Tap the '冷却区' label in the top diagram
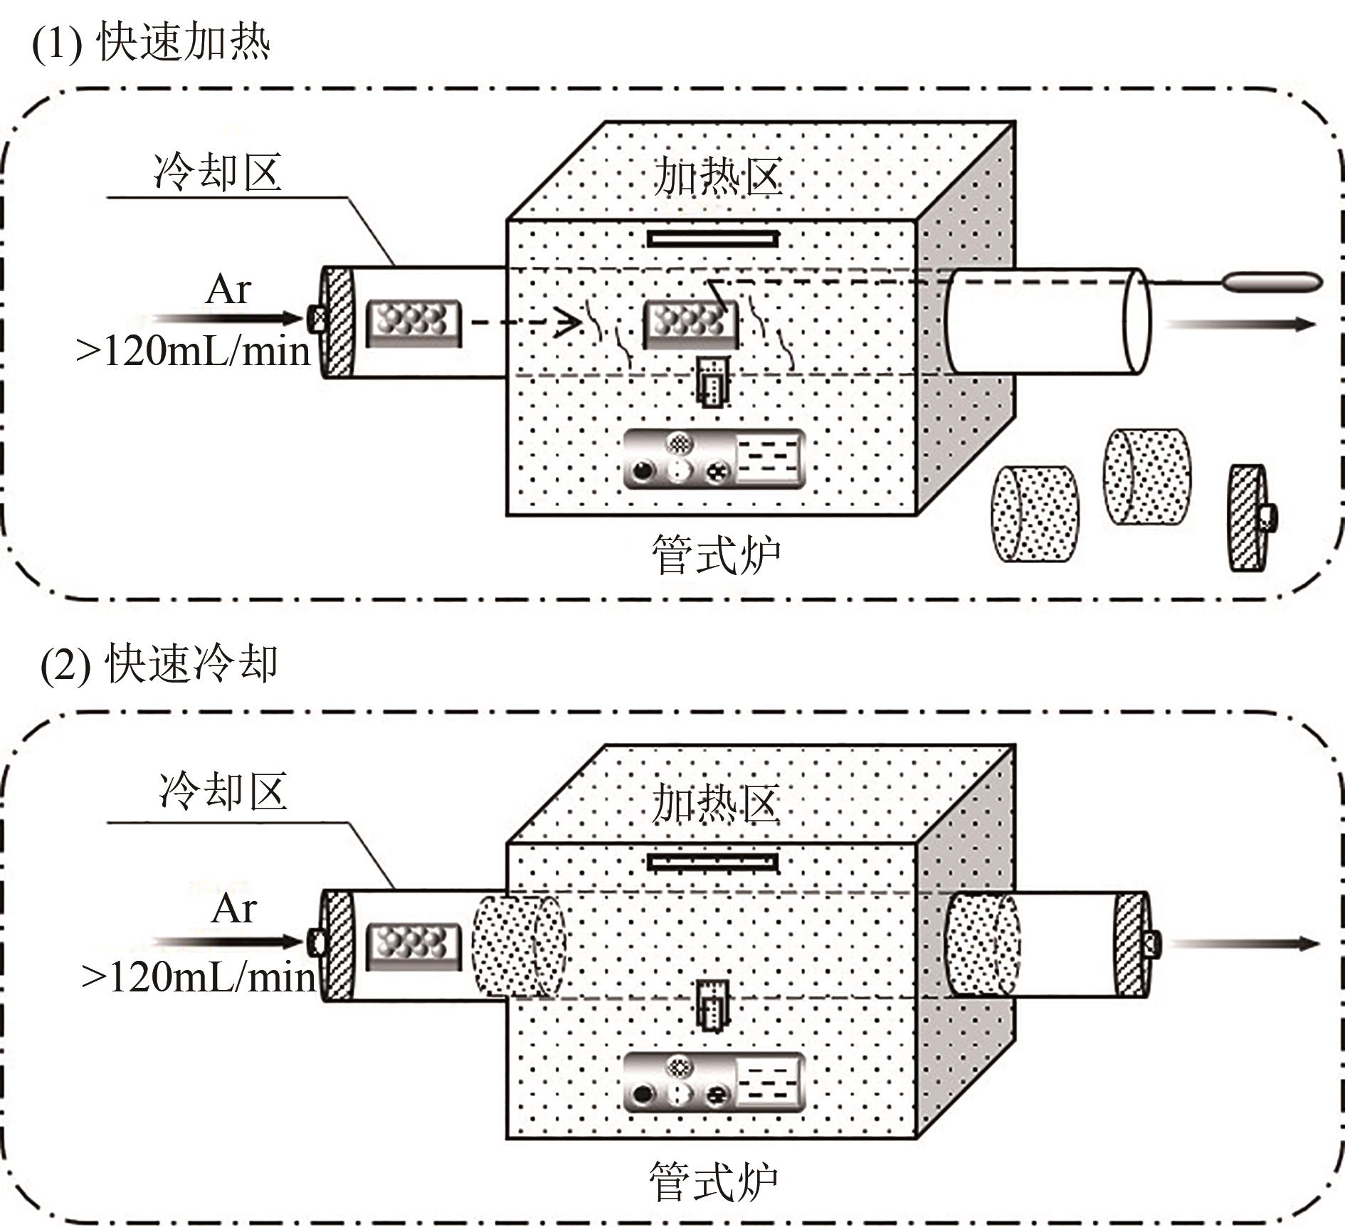tap(217, 172)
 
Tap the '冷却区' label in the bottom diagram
tap(223, 791)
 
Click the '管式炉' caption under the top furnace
tap(715, 554)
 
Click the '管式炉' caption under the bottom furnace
tap(713, 1181)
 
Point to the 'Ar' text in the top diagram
tap(228, 290)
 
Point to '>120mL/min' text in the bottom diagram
tap(198, 977)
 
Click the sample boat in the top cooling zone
tap(413, 323)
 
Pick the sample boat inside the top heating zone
tap(690, 324)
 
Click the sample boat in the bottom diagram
tap(413, 946)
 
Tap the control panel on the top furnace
tap(714, 460)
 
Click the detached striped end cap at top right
tap(1250, 517)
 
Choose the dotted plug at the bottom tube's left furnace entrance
tap(517, 946)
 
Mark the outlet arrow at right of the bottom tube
tap(1242, 944)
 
